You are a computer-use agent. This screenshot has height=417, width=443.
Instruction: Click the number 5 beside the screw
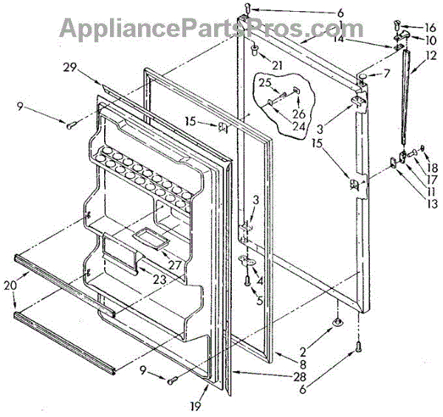point(259,299)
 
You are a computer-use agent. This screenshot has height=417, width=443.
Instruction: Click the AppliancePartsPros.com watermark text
point(203,29)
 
